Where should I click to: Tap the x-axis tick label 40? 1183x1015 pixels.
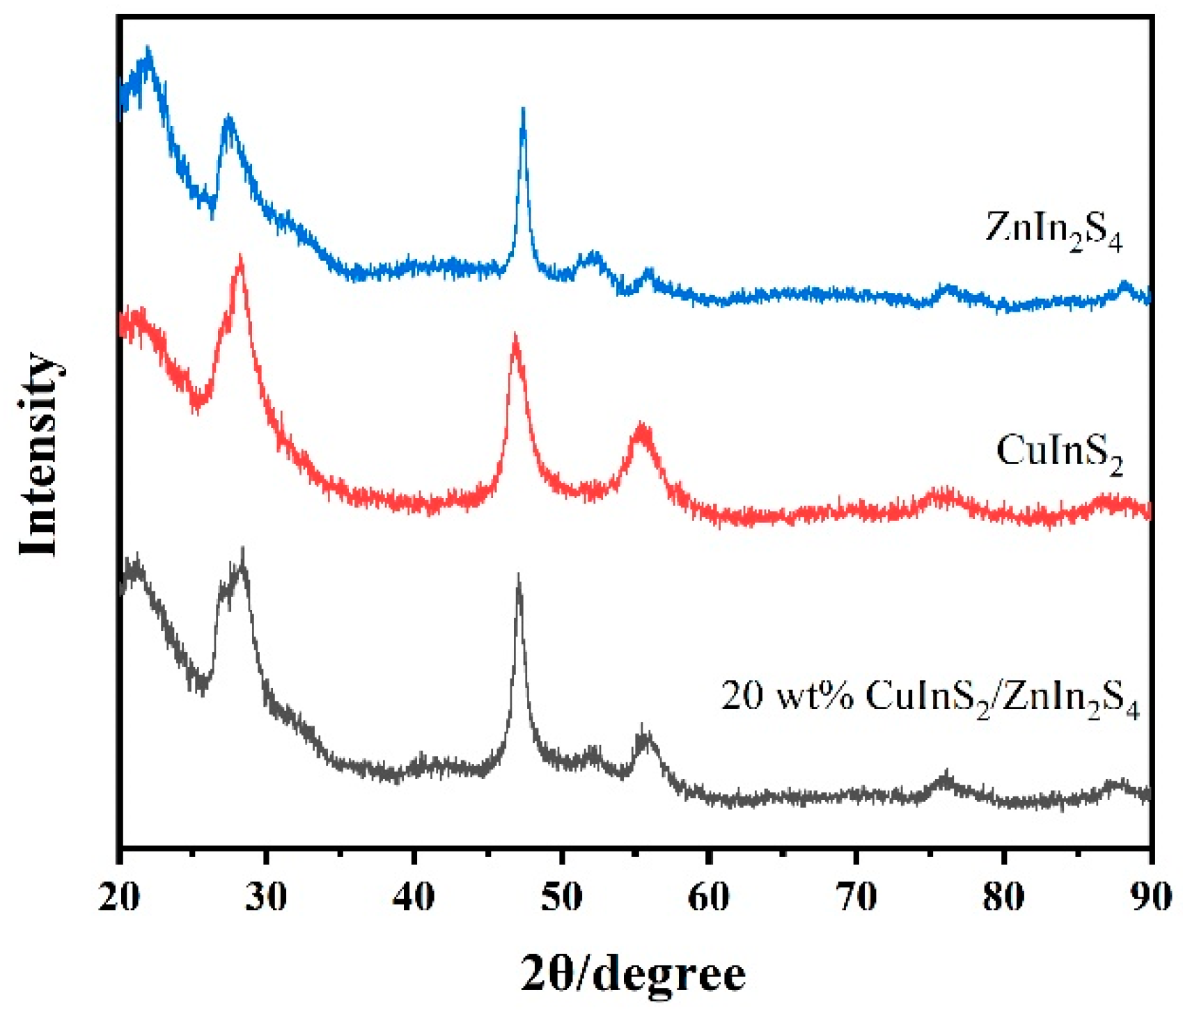(414, 897)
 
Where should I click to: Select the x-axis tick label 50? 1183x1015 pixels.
(561, 897)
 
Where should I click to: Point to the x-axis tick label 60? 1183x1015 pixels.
(709, 897)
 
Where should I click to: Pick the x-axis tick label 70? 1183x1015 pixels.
(856, 897)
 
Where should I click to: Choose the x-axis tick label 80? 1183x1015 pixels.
(1003, 897)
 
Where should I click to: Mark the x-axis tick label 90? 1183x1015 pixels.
(1150, 897)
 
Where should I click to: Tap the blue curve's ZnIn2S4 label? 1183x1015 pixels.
(1053, 230)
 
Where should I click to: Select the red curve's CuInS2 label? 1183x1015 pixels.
(1059, 453)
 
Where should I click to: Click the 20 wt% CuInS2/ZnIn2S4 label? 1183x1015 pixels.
(930, 697)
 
